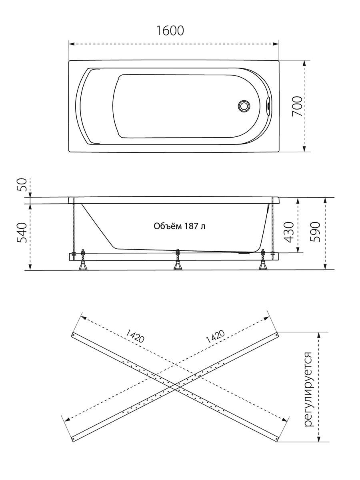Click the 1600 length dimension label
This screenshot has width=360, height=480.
point(170,31)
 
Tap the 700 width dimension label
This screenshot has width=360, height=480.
point(297,106)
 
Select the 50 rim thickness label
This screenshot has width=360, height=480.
point(22,185)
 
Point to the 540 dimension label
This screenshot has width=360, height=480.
point(22,233)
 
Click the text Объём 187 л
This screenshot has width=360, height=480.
point(180,226)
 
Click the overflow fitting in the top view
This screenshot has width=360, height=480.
point(268,106)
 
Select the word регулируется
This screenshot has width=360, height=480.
point(308,390)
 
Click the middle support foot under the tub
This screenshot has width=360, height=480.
point(178,266)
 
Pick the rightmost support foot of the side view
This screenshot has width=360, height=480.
point(263,266)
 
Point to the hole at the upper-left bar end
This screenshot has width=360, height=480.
point(74,335)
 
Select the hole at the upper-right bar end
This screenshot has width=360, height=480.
point(276,335)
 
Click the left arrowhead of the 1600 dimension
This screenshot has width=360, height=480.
point(72,44)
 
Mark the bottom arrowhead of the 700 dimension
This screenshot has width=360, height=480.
point(304,148)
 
